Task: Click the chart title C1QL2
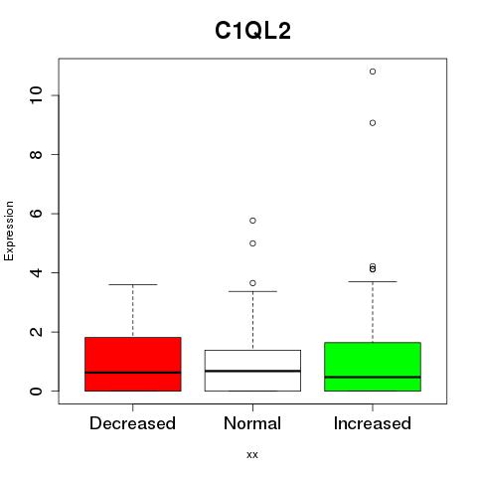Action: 252,31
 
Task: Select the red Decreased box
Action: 133,364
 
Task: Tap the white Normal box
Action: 252,371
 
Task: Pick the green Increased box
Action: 373,367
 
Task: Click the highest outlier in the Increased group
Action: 373,72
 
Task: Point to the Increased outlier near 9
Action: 373,123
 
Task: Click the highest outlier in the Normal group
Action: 252,221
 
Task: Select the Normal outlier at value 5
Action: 252,243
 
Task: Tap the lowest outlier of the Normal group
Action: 252,283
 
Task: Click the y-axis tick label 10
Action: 36,95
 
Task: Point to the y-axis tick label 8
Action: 36,155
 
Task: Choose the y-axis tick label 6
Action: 36,214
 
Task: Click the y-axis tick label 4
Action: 36,272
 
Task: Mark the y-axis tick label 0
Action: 36,391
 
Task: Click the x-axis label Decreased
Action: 132,423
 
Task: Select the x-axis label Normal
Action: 252,423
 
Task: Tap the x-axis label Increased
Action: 373,423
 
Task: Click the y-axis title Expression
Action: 9,231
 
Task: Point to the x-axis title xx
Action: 252,455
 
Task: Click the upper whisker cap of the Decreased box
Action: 133,284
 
